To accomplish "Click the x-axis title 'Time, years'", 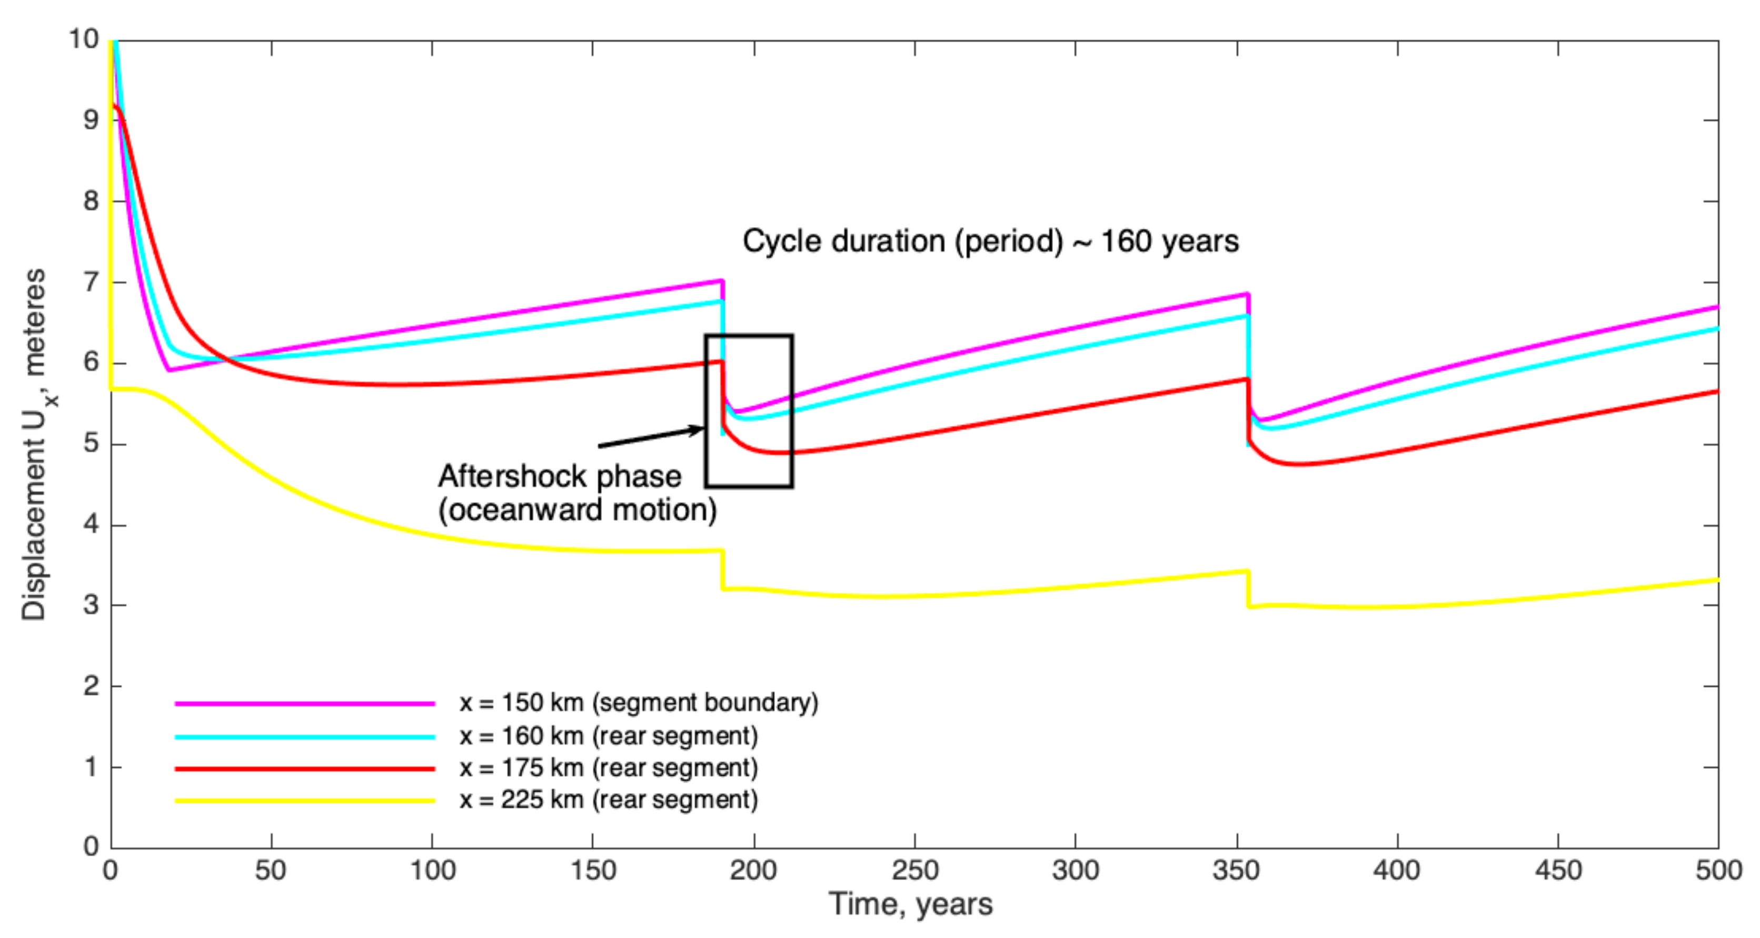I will pyautogui.click(x=910, y=904).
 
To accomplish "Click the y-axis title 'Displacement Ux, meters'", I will pyautogui.click(x=34, y=444).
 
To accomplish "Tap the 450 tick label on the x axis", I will pyautogui.click(x=1558, y=871).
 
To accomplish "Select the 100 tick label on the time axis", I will pyautogui.click(x=432, y=871).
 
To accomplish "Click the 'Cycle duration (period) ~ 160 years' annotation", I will pyautogui.click(x=990, y=241).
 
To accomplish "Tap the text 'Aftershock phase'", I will pyautogui.click(x=559, y=476).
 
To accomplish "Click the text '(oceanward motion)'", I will pyautogui.click(x=578, y=510).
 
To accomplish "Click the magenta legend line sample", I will pyautogui.click(x=305, y=703).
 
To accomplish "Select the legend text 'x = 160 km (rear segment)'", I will pyautogui.click(x=608, y=736).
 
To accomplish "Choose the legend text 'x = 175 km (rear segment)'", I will pyautogui.click(x=608, y=768).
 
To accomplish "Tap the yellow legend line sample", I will pyautogui.click(x=305, y=800).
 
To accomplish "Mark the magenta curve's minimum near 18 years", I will pyautogui.click(x=168, y=370).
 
